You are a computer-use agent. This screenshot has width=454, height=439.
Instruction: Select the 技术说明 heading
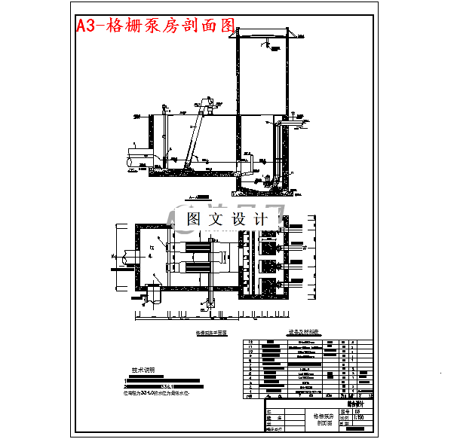point(143,370)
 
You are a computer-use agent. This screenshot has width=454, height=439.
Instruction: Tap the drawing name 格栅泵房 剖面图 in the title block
point(322,419)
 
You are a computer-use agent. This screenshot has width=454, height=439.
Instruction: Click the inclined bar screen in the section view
point(195,136)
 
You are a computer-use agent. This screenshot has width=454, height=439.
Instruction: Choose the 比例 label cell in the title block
point(345,416)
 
